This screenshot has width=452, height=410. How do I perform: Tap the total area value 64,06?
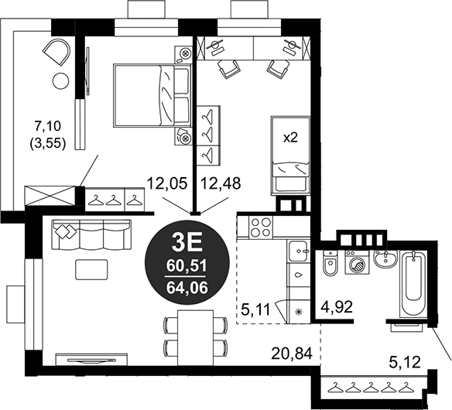click(187, 288)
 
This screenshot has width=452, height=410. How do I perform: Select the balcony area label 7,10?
click(47, 126)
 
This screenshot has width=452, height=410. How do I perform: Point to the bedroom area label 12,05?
click(167, 183)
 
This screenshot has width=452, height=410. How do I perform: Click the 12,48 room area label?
click(221, 183)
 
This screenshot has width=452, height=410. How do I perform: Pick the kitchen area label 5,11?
click(255, 309)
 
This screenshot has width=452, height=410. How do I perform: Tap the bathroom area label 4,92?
click(337, 307)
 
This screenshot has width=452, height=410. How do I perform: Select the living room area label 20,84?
click(292, 354)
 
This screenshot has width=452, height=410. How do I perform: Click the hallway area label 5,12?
click(405, 362)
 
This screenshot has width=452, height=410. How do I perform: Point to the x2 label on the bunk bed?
click(290, 138)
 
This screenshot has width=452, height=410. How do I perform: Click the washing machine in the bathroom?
click(357, 262)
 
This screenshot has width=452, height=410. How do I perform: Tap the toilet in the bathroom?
click(330, 263)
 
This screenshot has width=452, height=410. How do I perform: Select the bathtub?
click(413, 284)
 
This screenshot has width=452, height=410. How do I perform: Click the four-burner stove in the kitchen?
click(261, 227)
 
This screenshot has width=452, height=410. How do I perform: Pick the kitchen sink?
click(299, 251)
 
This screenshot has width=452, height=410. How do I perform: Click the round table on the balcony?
click(60, 81)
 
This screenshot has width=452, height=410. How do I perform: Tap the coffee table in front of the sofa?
click(91, 269)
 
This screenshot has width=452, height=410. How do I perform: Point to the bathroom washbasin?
click(385, 258)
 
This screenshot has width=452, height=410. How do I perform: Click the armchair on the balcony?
click(56, 52)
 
